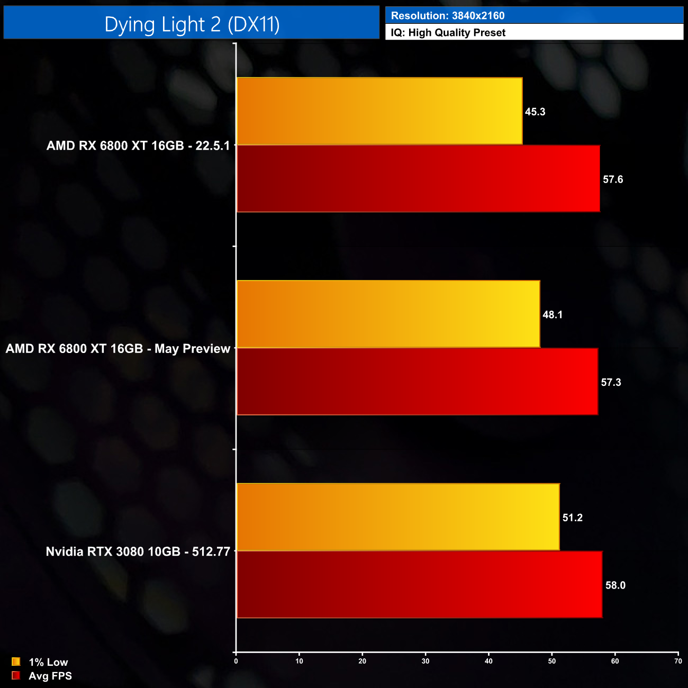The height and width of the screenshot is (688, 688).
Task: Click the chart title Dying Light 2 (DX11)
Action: tap(192, 24)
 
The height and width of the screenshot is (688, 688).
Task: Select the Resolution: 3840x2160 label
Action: tap(448, 16)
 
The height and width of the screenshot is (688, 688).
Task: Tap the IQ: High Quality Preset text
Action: tap(448, 33)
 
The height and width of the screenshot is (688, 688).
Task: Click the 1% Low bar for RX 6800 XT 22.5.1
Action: tap(379, 111)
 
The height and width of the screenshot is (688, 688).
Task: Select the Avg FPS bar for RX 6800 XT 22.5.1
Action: tap(418, 179)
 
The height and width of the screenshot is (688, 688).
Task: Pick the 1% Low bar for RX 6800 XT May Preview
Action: tap(388, 314)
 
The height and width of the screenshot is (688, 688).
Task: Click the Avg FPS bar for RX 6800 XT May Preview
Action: tap(417, 382)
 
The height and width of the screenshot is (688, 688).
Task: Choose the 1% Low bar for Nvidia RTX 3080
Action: tap(398, 517)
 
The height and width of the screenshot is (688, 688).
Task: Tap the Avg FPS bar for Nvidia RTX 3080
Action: tap(419, 584)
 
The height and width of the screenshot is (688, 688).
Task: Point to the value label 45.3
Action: tap(535, 112)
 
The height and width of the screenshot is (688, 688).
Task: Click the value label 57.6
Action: tap(613, 179)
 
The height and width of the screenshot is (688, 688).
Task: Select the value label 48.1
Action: tap(553, 315)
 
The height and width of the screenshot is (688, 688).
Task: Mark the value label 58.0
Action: tap(615, 585)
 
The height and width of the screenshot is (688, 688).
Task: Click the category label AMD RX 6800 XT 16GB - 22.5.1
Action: tap(138, 146)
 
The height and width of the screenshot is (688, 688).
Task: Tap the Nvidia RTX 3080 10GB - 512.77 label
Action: tap(138, 551)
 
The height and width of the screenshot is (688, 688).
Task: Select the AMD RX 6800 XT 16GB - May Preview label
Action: tap(118, 349)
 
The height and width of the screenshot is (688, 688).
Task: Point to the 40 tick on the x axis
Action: tap(489, 661)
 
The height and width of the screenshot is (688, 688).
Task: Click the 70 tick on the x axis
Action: tap(678, 661)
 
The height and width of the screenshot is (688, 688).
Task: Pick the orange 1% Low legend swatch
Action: tap(16, 662)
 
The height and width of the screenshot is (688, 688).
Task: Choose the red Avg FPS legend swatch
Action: tap(16, 676)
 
